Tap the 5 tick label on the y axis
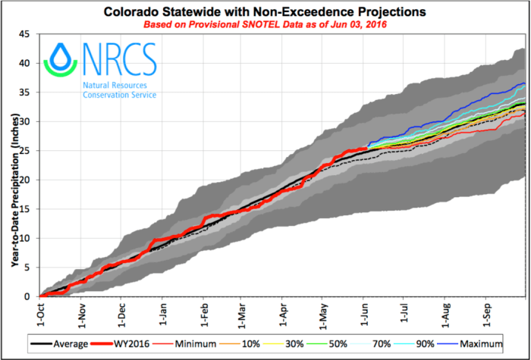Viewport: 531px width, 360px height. [28, 268]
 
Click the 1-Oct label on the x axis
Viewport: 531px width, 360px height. [39, 313]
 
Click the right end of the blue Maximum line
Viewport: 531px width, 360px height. [524, 83]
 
